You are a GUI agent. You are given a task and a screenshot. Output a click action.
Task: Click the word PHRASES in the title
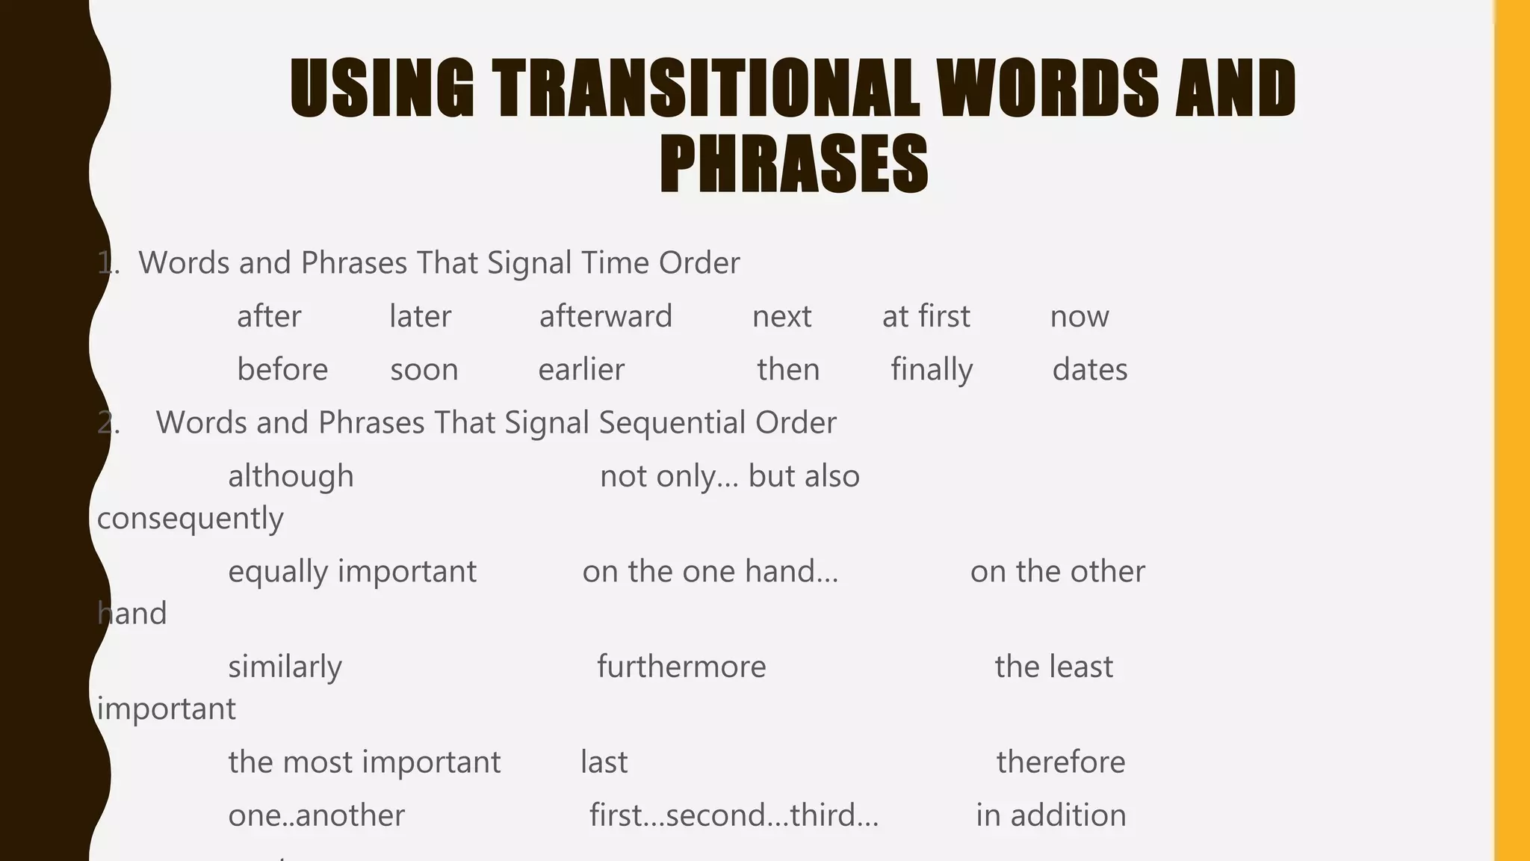click(793, 164)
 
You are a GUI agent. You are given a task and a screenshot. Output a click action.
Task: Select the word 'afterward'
click(605, 316)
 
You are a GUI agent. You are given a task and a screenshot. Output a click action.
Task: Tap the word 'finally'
click(932, 370)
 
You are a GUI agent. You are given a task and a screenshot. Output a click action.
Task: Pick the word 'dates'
click(1089, 370)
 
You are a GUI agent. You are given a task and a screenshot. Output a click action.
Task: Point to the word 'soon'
click(424, 370)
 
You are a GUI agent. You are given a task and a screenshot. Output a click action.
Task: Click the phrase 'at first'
click(926, 316)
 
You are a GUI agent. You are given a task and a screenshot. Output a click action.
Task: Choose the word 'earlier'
click(580, 370)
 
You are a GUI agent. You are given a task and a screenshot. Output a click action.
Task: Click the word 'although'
click(291, 476)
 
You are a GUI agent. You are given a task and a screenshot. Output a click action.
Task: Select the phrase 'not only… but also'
click(729, 476)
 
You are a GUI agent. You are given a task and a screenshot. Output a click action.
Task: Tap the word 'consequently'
click(190, 519)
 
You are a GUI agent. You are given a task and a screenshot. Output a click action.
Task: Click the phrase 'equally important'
click(352, 572)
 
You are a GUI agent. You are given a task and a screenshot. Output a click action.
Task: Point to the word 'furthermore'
click(681, 667)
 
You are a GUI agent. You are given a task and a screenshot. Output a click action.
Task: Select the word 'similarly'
click(285, 667)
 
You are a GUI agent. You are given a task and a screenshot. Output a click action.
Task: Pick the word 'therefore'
click(1060, 762)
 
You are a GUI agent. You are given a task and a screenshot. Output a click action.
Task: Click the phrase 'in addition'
click(1050, 815)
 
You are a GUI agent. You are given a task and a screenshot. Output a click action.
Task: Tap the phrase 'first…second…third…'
click(734, 815)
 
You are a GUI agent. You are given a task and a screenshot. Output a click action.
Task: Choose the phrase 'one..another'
click(316, 815)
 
